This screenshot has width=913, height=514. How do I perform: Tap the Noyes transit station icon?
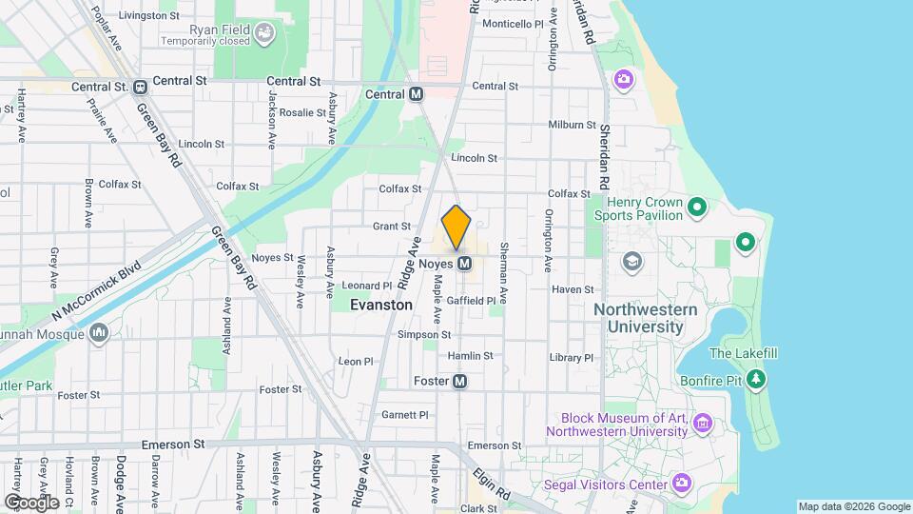point(465,263)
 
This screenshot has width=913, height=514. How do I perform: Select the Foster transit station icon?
point(460,381)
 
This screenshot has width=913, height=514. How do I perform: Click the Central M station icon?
point(416,94)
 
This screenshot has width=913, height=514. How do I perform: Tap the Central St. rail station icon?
point(140,87)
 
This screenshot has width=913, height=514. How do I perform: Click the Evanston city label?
point(381,306)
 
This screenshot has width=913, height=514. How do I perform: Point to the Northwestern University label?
point(645,318)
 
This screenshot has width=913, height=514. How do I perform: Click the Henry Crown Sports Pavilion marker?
point(697,207)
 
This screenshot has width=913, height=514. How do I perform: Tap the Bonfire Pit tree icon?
point(756,380)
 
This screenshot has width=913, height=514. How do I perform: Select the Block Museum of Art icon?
point(703,424)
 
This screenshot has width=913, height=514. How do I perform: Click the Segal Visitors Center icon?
point(681,484)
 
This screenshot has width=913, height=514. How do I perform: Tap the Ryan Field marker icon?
point(263,36)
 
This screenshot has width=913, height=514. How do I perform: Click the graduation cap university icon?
point(631,261)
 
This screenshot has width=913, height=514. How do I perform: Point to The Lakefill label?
point(744,353)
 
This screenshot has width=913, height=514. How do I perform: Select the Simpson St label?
point(424,334)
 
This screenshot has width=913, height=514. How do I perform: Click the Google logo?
point(31,502)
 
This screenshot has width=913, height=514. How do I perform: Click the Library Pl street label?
point(571,358)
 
